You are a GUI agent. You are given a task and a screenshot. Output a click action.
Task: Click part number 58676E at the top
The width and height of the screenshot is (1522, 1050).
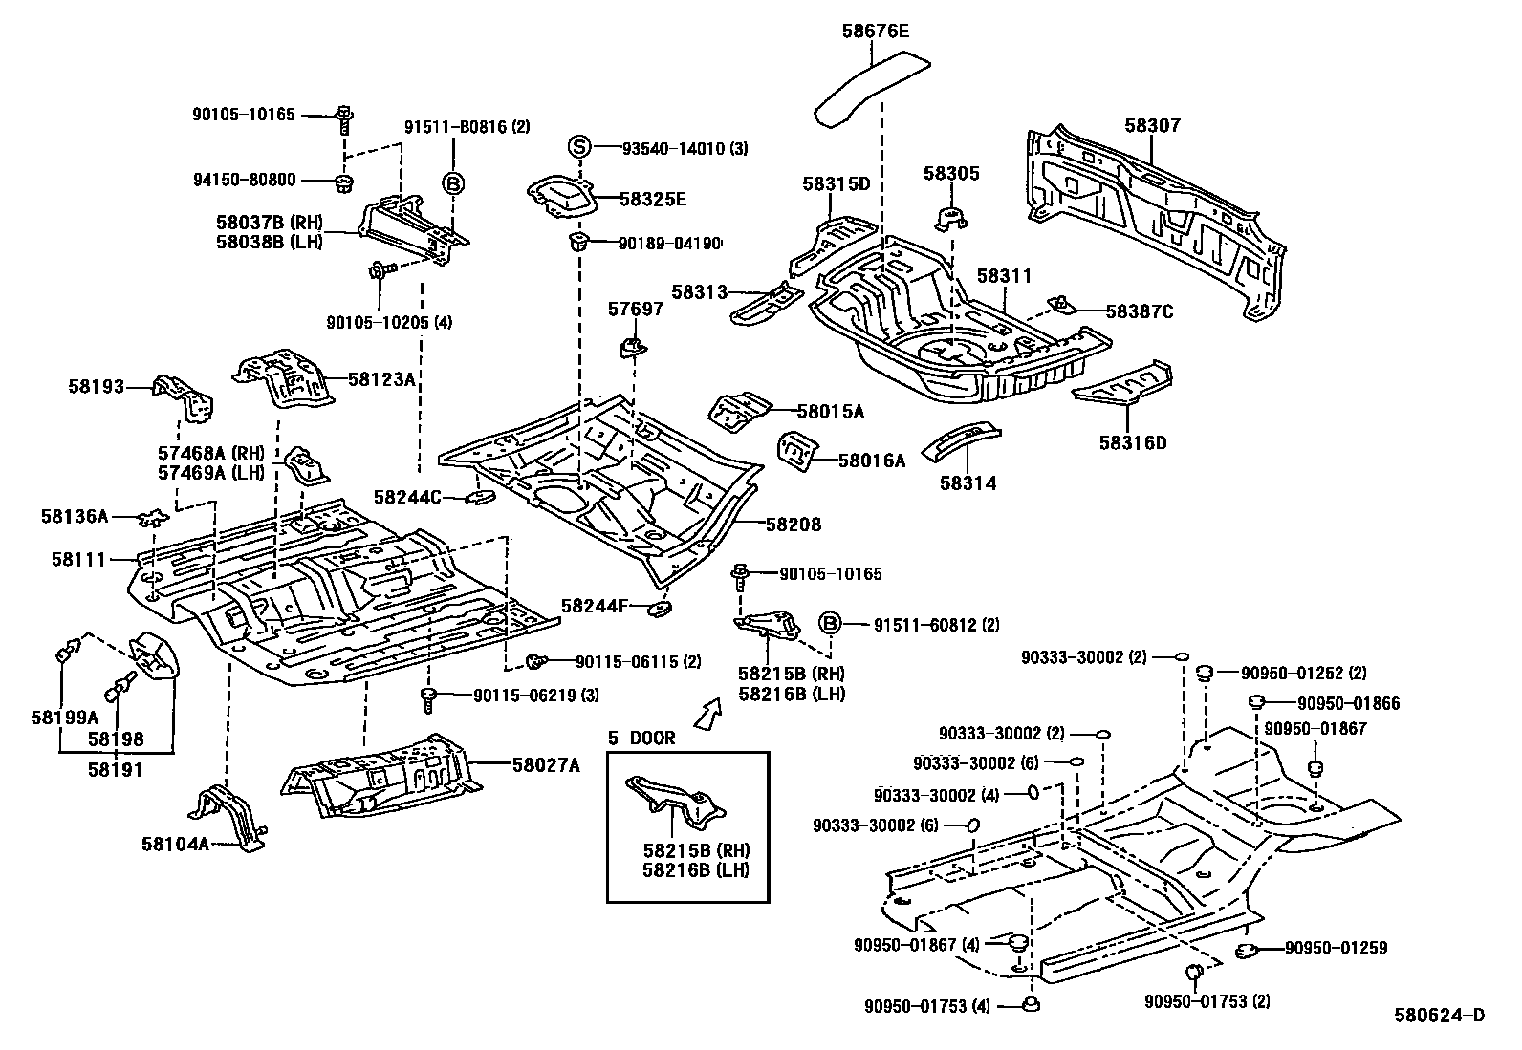[x=875, y=32]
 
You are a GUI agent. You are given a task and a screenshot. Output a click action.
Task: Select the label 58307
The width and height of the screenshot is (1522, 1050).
[x=1152, y=125]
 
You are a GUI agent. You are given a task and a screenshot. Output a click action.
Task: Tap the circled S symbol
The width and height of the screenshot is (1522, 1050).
[x=578, y=147]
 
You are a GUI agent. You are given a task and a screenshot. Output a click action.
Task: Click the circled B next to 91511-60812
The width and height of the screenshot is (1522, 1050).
[x=830, y=624]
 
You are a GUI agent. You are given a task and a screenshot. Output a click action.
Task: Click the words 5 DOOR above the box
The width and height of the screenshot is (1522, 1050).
[x=642, y=738]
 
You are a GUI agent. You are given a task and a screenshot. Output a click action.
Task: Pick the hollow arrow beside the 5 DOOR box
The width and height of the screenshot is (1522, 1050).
[x=707, y=713]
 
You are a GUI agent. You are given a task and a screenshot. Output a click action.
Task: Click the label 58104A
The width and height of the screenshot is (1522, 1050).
[x=175, y=843]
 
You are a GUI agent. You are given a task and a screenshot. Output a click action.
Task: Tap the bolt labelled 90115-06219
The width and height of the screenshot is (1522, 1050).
[x=429, y=697]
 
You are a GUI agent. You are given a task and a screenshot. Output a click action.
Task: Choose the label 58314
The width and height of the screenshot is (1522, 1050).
[x=968, y=483]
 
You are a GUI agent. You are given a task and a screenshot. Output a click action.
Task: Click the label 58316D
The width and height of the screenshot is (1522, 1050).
[x=1133, y=442]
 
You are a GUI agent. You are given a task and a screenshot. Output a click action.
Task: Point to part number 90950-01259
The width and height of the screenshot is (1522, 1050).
[x=1336, y=948]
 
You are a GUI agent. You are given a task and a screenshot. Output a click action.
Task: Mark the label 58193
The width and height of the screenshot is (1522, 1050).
[x=96, y=386]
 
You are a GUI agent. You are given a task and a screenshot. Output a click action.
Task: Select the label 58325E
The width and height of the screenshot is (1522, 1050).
[x=652, y=199]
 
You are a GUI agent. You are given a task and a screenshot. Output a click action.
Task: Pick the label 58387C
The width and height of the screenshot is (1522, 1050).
[x=1140, y=311]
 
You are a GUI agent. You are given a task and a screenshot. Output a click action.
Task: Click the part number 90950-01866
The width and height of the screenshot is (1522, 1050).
[x=1348, y=703]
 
